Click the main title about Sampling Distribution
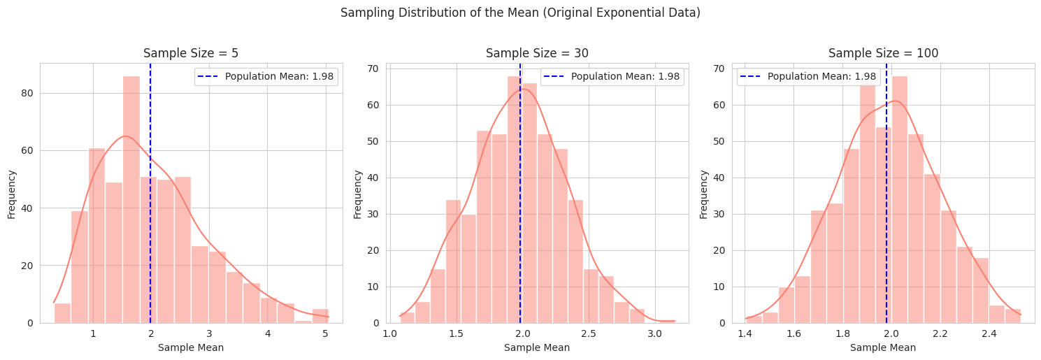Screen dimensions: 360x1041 pos(520,13)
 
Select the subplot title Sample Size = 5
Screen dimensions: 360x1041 pos(191,53)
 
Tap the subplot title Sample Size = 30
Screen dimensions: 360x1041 pos(537,53)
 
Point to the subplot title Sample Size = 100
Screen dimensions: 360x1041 pos(883,53)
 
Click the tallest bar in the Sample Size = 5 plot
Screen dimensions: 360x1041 pos(131,199)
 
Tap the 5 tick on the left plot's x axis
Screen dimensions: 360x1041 pos(325,333)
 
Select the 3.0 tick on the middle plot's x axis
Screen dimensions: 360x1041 pos(654,333)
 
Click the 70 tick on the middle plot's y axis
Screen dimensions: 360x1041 pos(373,69)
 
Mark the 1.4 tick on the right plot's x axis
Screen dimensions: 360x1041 pos(745,333)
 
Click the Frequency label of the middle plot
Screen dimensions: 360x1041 pos(357,194)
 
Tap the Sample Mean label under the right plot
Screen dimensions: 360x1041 pos(882,347)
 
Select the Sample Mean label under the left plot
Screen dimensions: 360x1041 pos(191,347)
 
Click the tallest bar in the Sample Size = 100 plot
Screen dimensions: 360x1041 pos(899,199)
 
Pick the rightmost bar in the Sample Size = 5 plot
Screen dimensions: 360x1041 pos(320,316)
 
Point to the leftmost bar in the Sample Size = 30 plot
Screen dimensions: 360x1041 pos(407,318)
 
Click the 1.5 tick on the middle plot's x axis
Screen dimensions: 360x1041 pos(456,333)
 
